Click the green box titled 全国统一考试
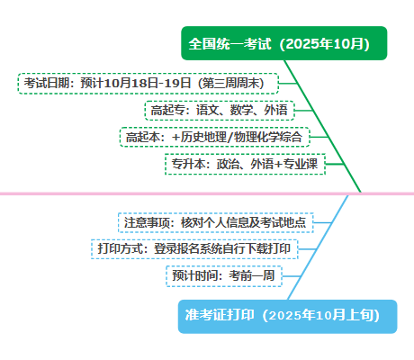(284, 43)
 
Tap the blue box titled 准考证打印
(287, 317)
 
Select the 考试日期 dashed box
(148, 84)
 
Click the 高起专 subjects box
(220, 111)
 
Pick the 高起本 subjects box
(214, 137)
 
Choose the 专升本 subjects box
(245, 164)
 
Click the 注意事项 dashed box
(216, 222)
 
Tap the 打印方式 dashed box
(194, 249)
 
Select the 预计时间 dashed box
(224, 276)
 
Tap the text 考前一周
(252, 275)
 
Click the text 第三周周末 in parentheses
(230, 83)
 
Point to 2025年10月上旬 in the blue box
(320, 315)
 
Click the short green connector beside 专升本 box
(335, 164)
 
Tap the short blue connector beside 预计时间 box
(292, 276)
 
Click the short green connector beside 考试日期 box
(288, 84)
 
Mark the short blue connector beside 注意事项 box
(323, 222)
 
